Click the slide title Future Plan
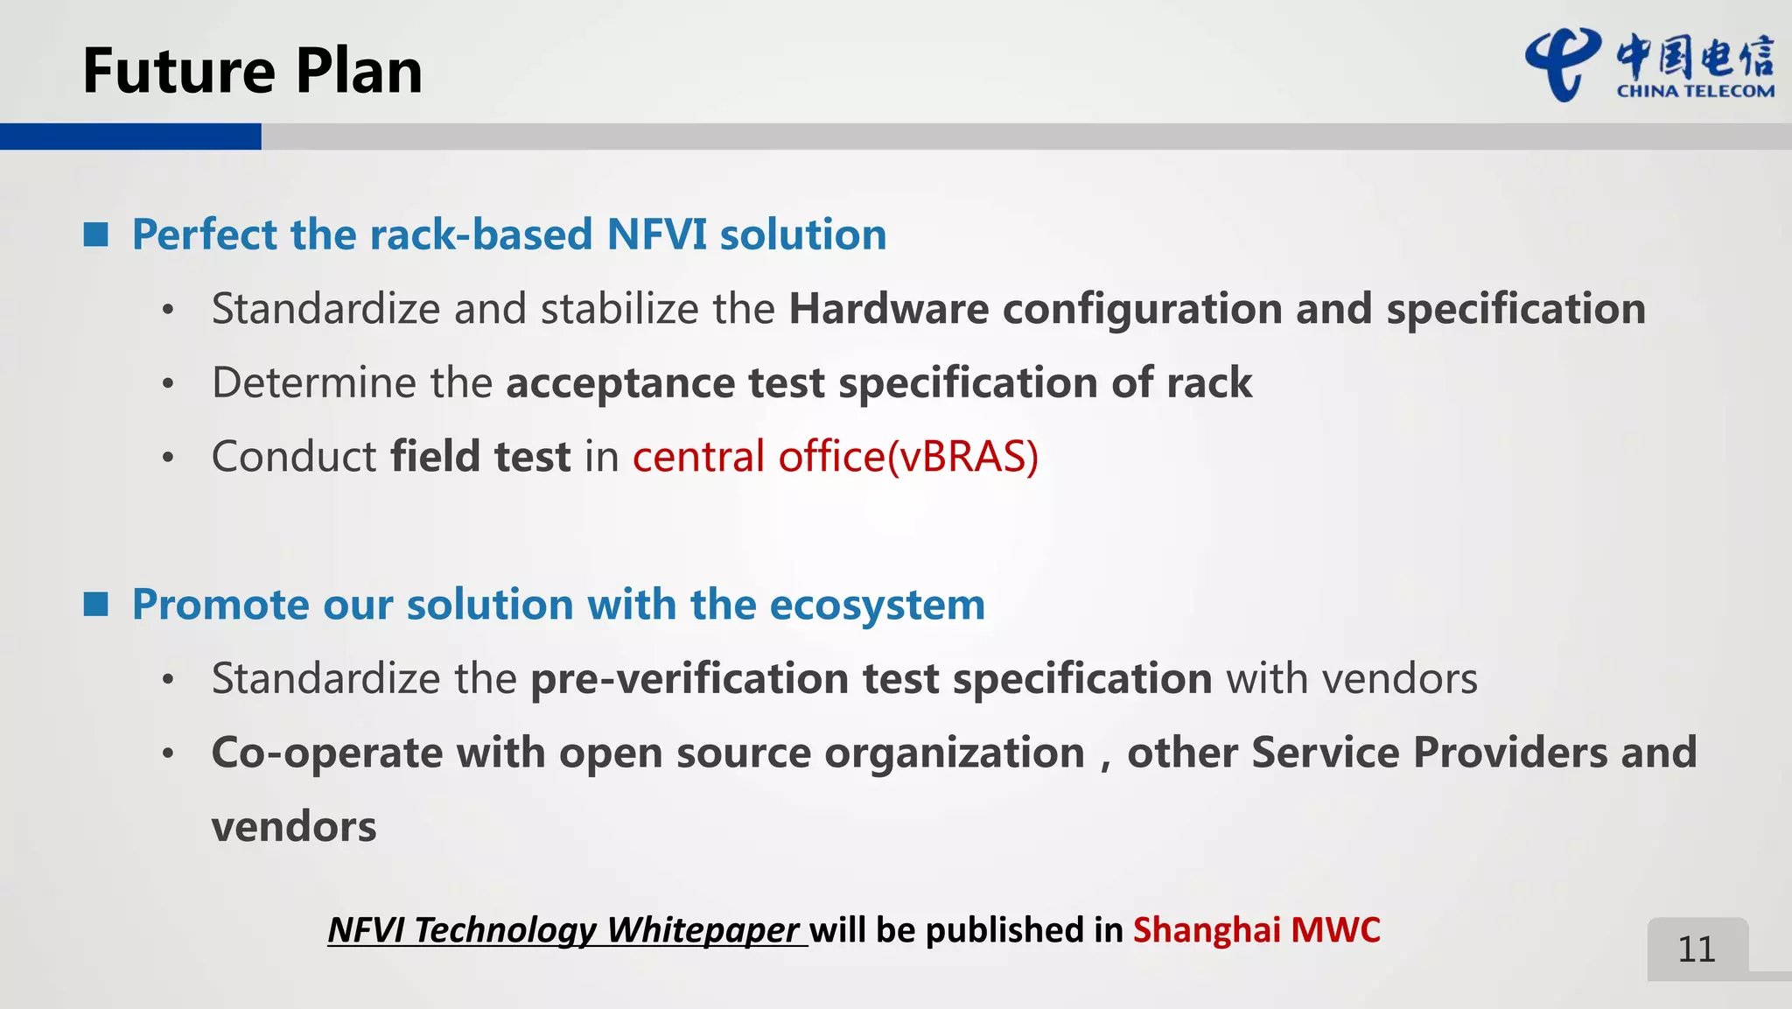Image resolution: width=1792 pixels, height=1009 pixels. (252, 71)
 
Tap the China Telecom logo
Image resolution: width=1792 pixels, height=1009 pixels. (1649, 66)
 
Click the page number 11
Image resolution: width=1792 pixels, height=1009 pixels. (1697, 949)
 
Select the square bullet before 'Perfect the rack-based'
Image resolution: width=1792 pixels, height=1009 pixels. (95, 235)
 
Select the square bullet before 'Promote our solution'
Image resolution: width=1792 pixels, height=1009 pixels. (95, 604)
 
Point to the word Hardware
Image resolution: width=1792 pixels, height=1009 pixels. (888, 309)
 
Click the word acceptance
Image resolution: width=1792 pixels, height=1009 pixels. (620, 383)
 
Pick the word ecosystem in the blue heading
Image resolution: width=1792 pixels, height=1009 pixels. (877, 605)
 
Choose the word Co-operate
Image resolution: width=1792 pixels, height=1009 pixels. (327, 753)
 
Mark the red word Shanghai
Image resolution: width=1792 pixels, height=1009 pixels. (1207, 929)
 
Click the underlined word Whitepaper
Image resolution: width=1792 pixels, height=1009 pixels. (703, 929)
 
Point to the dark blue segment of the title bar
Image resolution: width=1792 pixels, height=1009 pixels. (130, 137)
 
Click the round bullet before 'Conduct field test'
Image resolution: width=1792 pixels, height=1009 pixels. (168, 457)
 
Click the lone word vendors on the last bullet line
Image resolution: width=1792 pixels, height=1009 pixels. (294, 827)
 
